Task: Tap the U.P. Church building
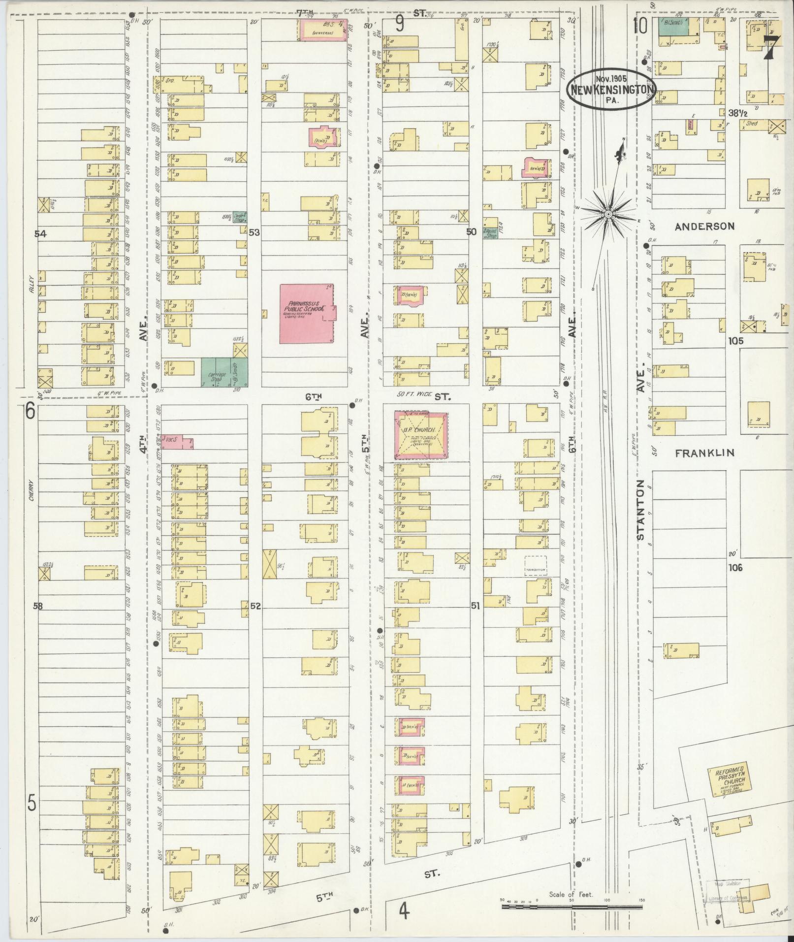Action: coord(421,436)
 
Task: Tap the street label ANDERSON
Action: coord(704,227)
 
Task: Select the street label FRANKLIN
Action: coord(704,453)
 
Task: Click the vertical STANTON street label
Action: coord(640,510)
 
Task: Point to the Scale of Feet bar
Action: coord(571,905)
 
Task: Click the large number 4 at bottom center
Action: coord(404,911)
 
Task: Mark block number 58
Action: coord(38,606)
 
